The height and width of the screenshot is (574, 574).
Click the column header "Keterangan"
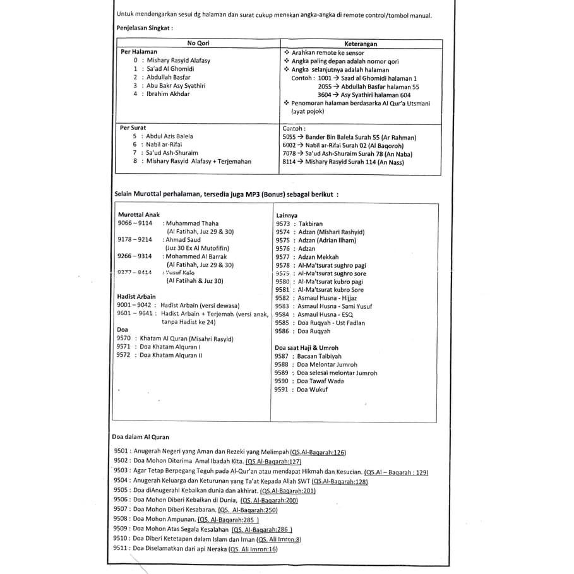coord(361,44)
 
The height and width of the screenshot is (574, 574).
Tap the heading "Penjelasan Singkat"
coord(145,28)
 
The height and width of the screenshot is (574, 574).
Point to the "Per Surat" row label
coord(133,128)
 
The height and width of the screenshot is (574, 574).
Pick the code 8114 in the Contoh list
coord(289,162)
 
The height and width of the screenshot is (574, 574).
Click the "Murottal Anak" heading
coord(139,215)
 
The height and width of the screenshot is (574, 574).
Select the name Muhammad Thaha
coord(191,224)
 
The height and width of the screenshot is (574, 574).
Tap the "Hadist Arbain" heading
coord(136,296)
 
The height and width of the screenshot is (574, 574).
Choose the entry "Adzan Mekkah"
coord(318,257)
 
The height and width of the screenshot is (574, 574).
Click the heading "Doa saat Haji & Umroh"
coord(306,348)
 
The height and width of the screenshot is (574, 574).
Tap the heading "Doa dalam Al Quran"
coord(140,436)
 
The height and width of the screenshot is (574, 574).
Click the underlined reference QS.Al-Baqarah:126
coord(318,453)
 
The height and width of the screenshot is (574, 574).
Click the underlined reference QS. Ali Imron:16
coord(253,550)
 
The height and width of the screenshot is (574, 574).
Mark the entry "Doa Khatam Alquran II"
coord(170,356)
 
